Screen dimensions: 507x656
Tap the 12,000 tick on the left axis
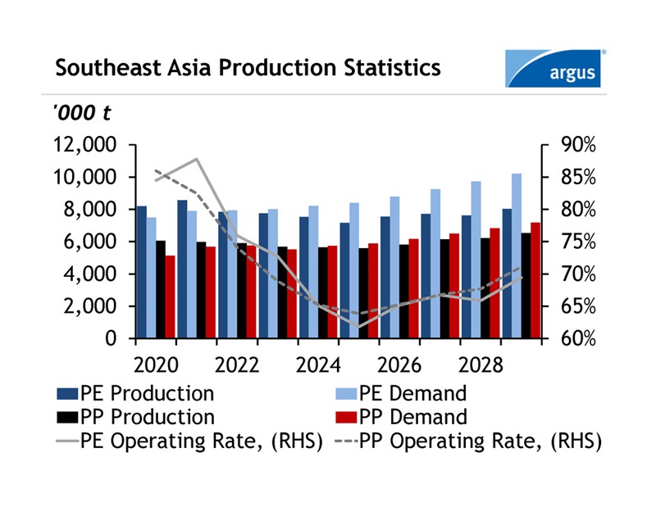pos(89,146)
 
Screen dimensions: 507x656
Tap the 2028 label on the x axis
pos(486,362)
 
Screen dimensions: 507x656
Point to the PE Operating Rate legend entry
pos(190,441)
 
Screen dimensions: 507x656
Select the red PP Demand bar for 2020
pos(171,297)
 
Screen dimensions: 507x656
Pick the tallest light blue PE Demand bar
pos(517,256)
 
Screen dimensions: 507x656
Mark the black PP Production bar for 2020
pos(161,289)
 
